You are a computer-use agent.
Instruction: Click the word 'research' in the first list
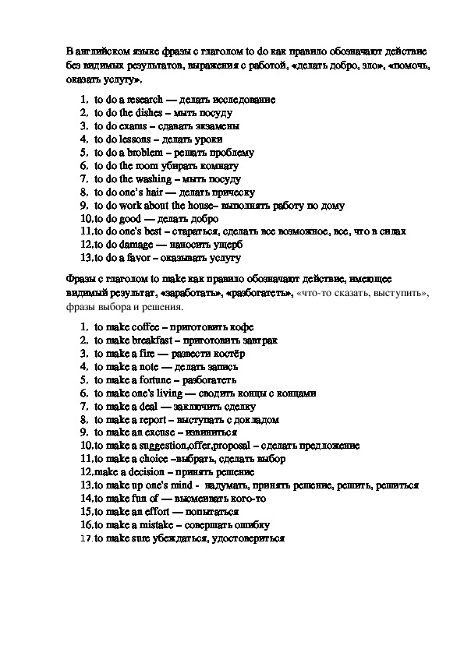pos(144,100)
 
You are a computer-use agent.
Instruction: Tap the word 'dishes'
pos(140,113)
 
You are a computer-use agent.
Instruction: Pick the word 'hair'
pos(158,192)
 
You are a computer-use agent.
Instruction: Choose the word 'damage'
pos(134,245)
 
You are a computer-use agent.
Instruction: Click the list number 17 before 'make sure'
pos(86,538)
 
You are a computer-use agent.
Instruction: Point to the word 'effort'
pos(148,511)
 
